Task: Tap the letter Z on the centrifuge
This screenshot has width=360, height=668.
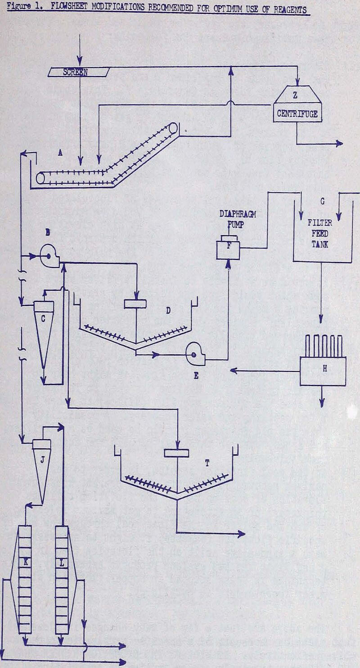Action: click(295, 95)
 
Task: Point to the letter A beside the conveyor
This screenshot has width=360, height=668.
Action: click(60, 153)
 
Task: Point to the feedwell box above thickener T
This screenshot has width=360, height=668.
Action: click(179, 453)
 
